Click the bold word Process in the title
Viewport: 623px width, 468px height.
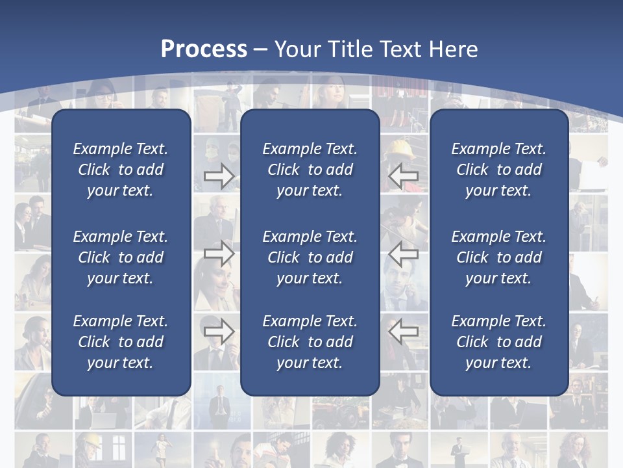(204, 49)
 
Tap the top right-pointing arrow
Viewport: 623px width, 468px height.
(219, 175)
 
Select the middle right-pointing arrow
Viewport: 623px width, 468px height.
(219, 253)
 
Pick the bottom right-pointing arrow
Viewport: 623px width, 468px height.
(219, 331)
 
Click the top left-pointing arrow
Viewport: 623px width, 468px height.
(404, 175)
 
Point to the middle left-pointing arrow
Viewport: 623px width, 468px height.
(404, 253)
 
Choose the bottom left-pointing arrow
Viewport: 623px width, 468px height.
(404, 331)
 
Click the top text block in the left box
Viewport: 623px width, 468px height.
(121, 170)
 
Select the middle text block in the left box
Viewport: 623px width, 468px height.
(121, 257)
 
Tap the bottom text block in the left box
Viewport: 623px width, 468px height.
(121, 342)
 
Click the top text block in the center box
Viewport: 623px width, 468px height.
(310, 170)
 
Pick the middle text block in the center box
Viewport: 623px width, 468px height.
(310, 257)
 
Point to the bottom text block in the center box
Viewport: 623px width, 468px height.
(310, 342)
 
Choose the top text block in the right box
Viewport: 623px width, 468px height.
(498, 170)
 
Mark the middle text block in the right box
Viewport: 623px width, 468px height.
(498, 257)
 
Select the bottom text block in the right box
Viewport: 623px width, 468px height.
(498, 342)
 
